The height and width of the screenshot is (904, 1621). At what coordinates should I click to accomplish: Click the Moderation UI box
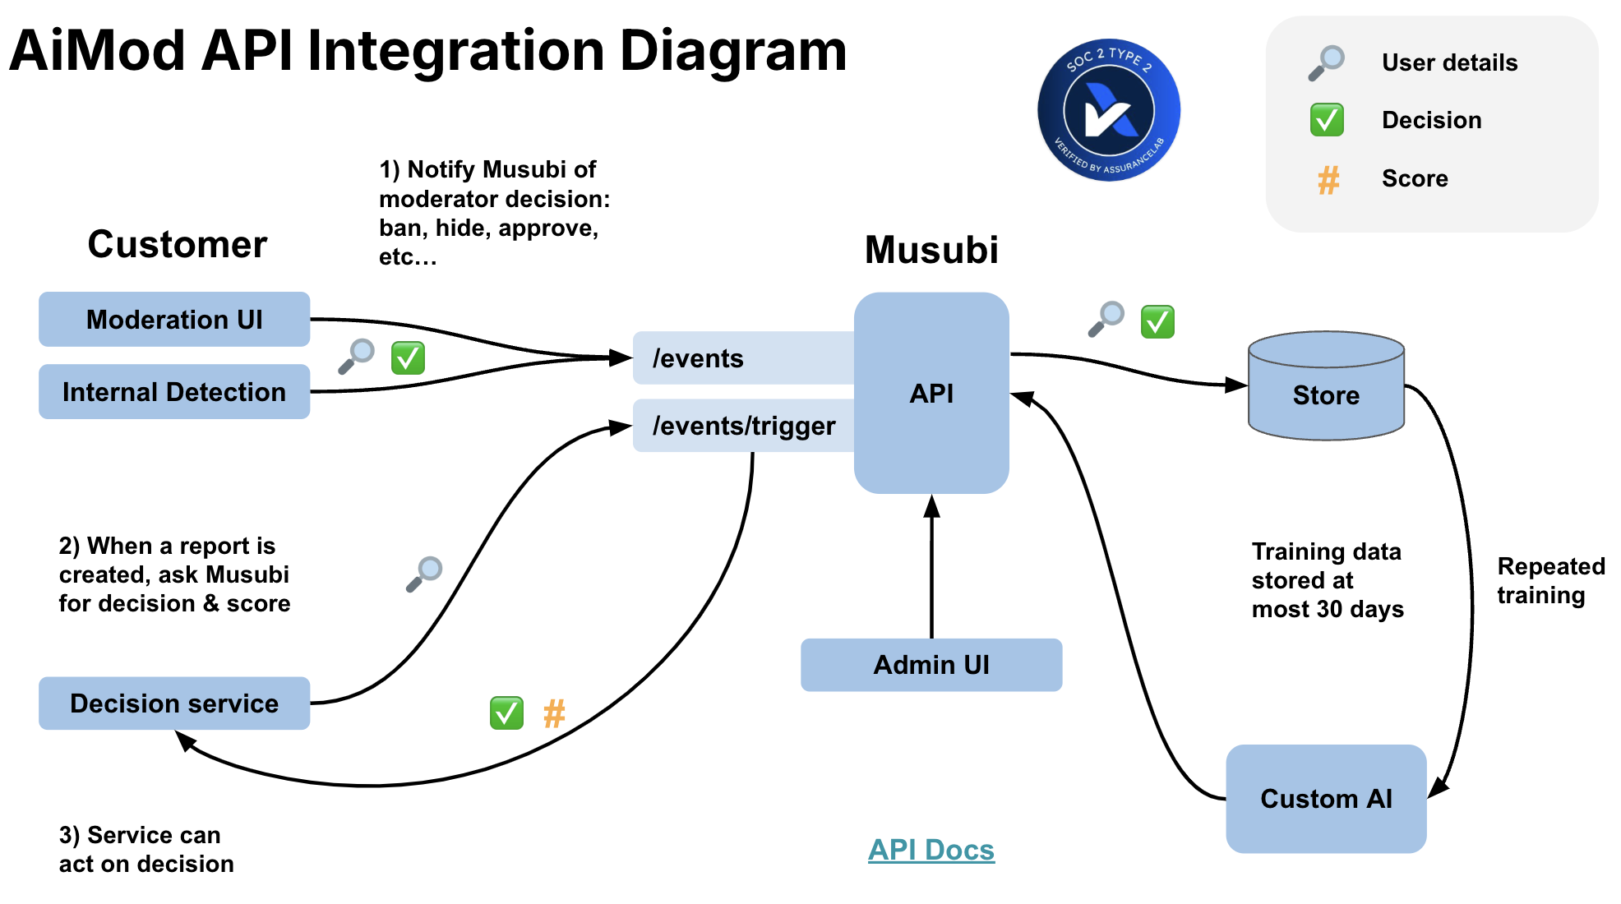[x=174, y=319]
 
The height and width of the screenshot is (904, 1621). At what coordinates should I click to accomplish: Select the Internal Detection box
[x=174, y=392]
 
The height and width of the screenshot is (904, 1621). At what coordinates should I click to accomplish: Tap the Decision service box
[x=174, y=703]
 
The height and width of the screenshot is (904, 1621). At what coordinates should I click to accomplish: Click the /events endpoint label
[x=699, y=358]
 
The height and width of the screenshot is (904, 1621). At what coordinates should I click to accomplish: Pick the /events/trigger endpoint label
[x=743, y=426]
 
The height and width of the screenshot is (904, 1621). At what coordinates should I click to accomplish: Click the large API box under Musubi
[x=931, y=393]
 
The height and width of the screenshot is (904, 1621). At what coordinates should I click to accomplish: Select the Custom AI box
[x=1326, y=799]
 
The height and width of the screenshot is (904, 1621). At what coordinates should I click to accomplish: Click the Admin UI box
[x=931, y=665]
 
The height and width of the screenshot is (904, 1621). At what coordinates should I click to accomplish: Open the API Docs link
[x=931, y=850]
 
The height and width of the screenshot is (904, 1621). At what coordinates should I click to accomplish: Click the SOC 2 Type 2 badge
[x=1109, y=110]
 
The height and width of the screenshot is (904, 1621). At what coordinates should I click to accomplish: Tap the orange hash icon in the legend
[x=1328, y=179]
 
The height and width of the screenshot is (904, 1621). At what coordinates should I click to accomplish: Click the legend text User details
[x=1449, y=62]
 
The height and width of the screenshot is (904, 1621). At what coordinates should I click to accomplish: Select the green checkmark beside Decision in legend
[x=1327, y=120]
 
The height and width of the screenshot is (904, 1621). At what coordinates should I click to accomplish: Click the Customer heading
[x=178, y=244]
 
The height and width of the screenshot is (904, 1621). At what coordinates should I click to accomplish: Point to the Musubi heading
[x=931, y=250]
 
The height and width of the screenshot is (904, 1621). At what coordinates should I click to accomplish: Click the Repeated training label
[x=1550, y=580]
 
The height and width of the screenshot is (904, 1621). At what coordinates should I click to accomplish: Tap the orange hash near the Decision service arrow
[x=554, y=713]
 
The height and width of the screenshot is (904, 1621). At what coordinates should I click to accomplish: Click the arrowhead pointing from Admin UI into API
[x=931, y=505]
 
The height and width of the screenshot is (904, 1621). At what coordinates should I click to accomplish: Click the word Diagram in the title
[x=732, y=51]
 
